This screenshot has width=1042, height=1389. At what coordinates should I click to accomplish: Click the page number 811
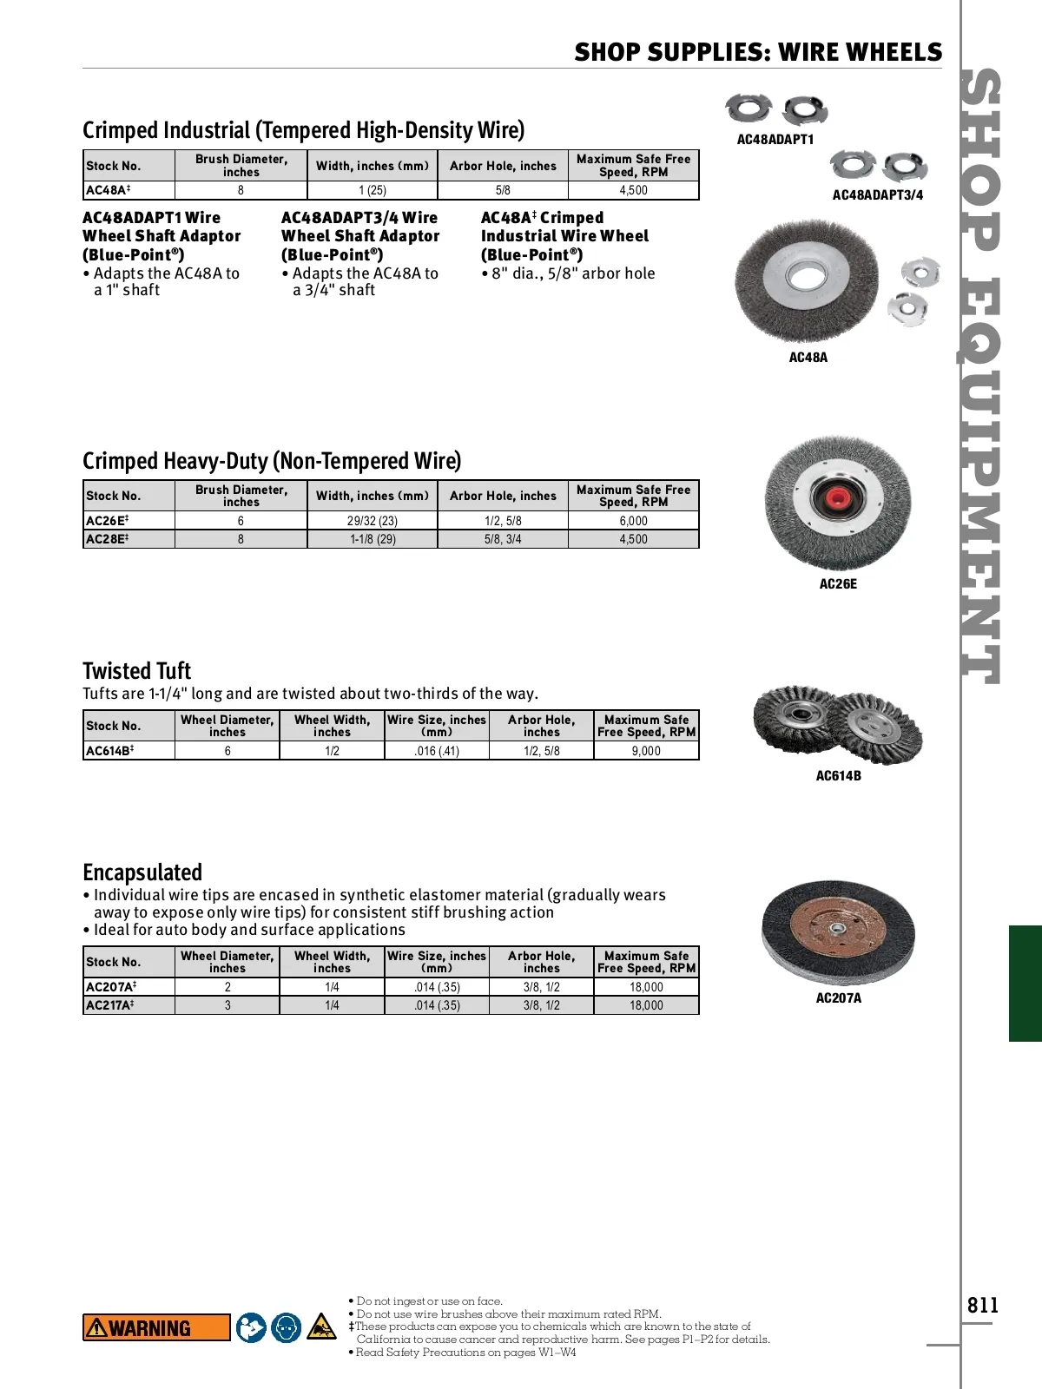tap(983, 1306)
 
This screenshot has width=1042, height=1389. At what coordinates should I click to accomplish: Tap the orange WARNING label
tap(156, 1327)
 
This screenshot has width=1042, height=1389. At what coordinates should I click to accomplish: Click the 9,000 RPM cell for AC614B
tap(646, 751)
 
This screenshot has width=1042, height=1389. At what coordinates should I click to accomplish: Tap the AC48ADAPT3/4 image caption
tap(877, 195)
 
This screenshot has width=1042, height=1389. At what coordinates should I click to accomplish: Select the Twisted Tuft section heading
tap(136, 671)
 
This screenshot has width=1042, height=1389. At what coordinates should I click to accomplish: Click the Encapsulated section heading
tap(142, 872)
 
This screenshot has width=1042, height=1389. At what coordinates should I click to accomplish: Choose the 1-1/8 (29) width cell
tap(373, 539)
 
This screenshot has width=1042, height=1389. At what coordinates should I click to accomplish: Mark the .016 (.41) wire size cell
tap(437, 751)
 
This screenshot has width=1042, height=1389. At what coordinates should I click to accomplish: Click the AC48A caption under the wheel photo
tap(808, 358)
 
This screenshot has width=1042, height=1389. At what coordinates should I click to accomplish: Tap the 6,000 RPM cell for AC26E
tap(633, 521)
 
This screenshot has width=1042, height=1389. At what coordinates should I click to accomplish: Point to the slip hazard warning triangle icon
tap(321, 1326)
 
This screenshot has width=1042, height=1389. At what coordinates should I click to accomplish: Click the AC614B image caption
tap(838, 776)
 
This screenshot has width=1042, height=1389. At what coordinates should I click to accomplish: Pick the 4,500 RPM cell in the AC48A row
tap(633, 190)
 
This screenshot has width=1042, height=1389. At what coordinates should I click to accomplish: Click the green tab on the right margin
tap(1026, 983)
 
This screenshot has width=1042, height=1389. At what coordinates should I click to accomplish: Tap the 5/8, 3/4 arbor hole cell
tap(503, 539)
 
